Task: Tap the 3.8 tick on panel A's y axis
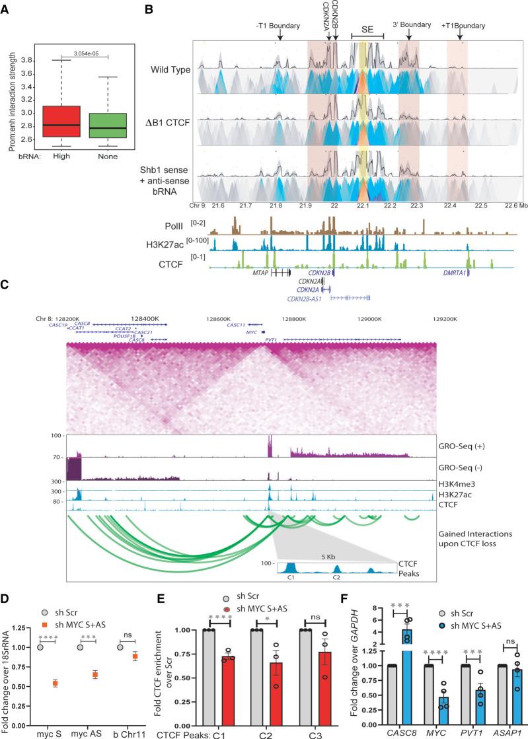[x=30, y=60]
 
